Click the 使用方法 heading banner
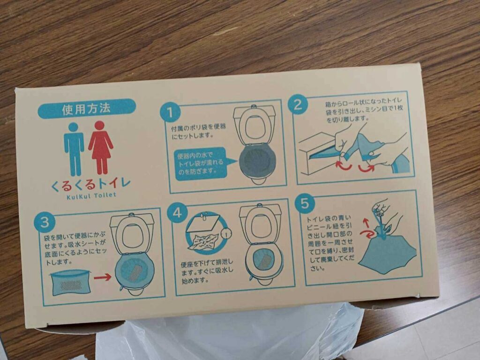point(87,108)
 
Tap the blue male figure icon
point(74,149)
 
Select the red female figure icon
point(100,147)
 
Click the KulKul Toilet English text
point(91,195)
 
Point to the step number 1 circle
point(170,112)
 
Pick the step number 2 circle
point(298,105)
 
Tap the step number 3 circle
point(45,222)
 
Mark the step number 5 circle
point(305,202)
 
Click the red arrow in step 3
point(103,277)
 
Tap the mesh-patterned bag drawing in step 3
point(70,282)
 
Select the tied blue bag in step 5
point(388,251)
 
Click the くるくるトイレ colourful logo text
point(91,184)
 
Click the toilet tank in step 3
point(132,220)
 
